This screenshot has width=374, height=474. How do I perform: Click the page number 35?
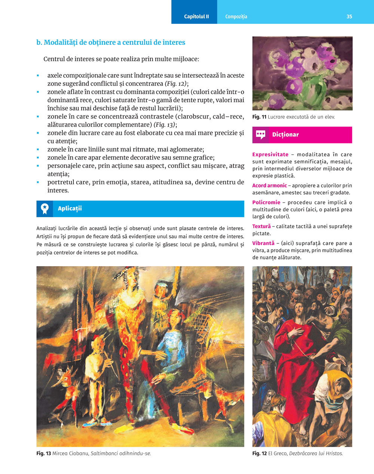[x=349, y=16]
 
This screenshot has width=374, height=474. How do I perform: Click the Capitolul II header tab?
[x=196, y=16]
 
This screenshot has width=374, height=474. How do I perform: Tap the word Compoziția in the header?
[x=236, y=16]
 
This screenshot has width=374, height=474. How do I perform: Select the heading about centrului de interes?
[x=111, y=42]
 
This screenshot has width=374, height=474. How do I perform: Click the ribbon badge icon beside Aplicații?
[x=45, y=209]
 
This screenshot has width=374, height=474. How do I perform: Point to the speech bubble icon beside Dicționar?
[x=261, y=135]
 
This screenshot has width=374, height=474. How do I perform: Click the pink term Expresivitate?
[x=270, y=154]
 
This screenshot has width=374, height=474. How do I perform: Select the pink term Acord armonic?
[x=269, y=185]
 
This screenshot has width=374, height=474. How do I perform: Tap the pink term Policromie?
[x=266, y=203]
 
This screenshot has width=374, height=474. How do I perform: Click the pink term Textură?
[x=261, y=227]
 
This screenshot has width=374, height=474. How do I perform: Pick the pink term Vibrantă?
[x=263, y=243]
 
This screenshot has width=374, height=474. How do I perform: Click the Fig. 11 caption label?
[x=259, y=117]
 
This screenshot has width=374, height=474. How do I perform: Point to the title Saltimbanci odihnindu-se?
[x=120, y=453]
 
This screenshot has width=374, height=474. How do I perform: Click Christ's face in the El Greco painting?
[x=299, y=310]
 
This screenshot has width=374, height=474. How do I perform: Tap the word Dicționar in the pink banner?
[x=285, y=135]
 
